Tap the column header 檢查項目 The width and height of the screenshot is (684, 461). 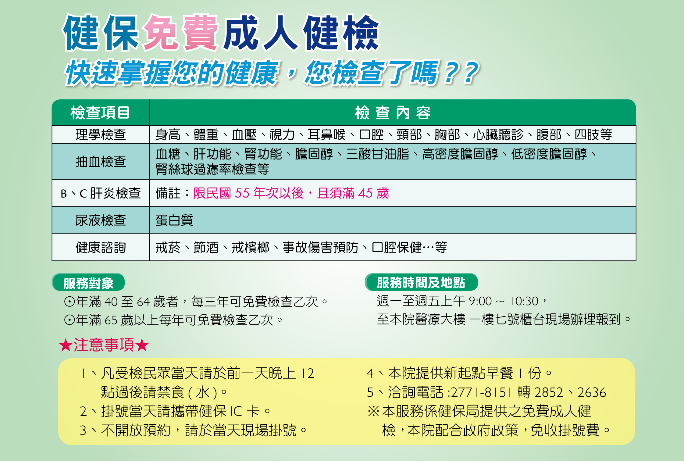click(x=100, y=113)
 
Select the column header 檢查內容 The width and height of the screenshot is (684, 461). click(x=393, y=113)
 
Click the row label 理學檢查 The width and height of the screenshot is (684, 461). click(x=101, y=134)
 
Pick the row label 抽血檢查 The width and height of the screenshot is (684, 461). click(x=101, y=161)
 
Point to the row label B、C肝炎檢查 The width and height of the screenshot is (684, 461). click(x=101, y=193)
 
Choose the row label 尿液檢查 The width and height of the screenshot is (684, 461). click(x=101, y=220)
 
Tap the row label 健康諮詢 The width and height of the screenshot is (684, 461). click(x=101, y=247)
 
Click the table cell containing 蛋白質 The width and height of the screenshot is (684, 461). click(x=393, y=220)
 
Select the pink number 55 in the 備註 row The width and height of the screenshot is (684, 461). click(x=243, y=193)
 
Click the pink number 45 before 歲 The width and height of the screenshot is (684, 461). click(x=365, y=193)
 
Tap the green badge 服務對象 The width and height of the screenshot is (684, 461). click(x=88, y=282)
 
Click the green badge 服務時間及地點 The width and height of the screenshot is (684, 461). click(x=421, y=282)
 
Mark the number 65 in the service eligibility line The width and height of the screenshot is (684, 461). click(x=111, y=320)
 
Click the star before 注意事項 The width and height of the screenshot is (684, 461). click(x=66, y=345)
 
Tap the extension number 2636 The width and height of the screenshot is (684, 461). click(x=592, y=392)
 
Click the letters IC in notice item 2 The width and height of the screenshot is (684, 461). click(x=237, y=411)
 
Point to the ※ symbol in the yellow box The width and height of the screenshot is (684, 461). click(x=373, y=411)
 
